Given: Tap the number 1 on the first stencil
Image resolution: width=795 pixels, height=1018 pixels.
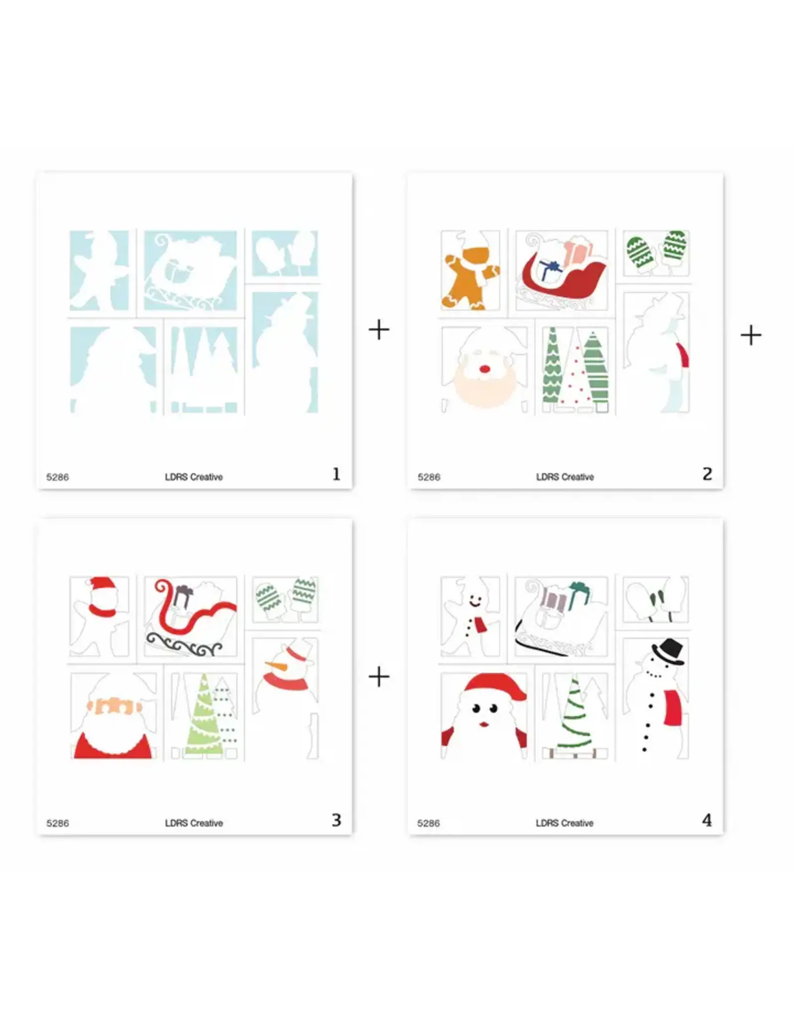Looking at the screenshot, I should pos(336,474).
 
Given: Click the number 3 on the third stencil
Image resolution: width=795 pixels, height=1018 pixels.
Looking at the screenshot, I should pos(336,820).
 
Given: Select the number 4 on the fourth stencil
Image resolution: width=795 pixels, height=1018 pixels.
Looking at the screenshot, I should pos(707,820).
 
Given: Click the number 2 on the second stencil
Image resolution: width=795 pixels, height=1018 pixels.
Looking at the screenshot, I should pos(708,474).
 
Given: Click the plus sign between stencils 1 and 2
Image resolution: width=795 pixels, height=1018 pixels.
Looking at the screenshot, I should pos(379,330).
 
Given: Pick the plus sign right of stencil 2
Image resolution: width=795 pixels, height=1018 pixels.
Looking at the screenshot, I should pos(751,335).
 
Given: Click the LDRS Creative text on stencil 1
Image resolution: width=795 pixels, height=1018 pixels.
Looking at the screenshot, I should pos(194,477).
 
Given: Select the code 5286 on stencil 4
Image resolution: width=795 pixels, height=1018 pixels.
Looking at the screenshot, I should pos(428,823).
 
